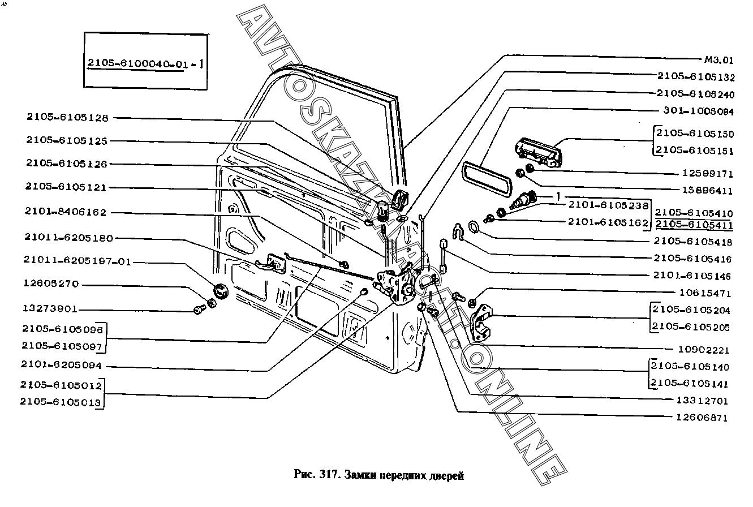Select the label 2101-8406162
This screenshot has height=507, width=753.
point(65,212)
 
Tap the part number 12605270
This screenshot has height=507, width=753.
point(50,284)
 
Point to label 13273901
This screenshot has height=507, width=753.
point(50,310)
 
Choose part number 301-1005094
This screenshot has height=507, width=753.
point(697,111)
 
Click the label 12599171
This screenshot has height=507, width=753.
point(703,174)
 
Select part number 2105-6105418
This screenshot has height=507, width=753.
point(692,242)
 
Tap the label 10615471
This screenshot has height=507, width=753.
point(703,294)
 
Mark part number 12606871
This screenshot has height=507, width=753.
point(702,418)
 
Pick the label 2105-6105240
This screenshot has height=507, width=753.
point(695,93)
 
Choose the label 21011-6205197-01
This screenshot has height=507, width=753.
point(77,261)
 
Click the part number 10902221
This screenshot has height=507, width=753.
point(703,350)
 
